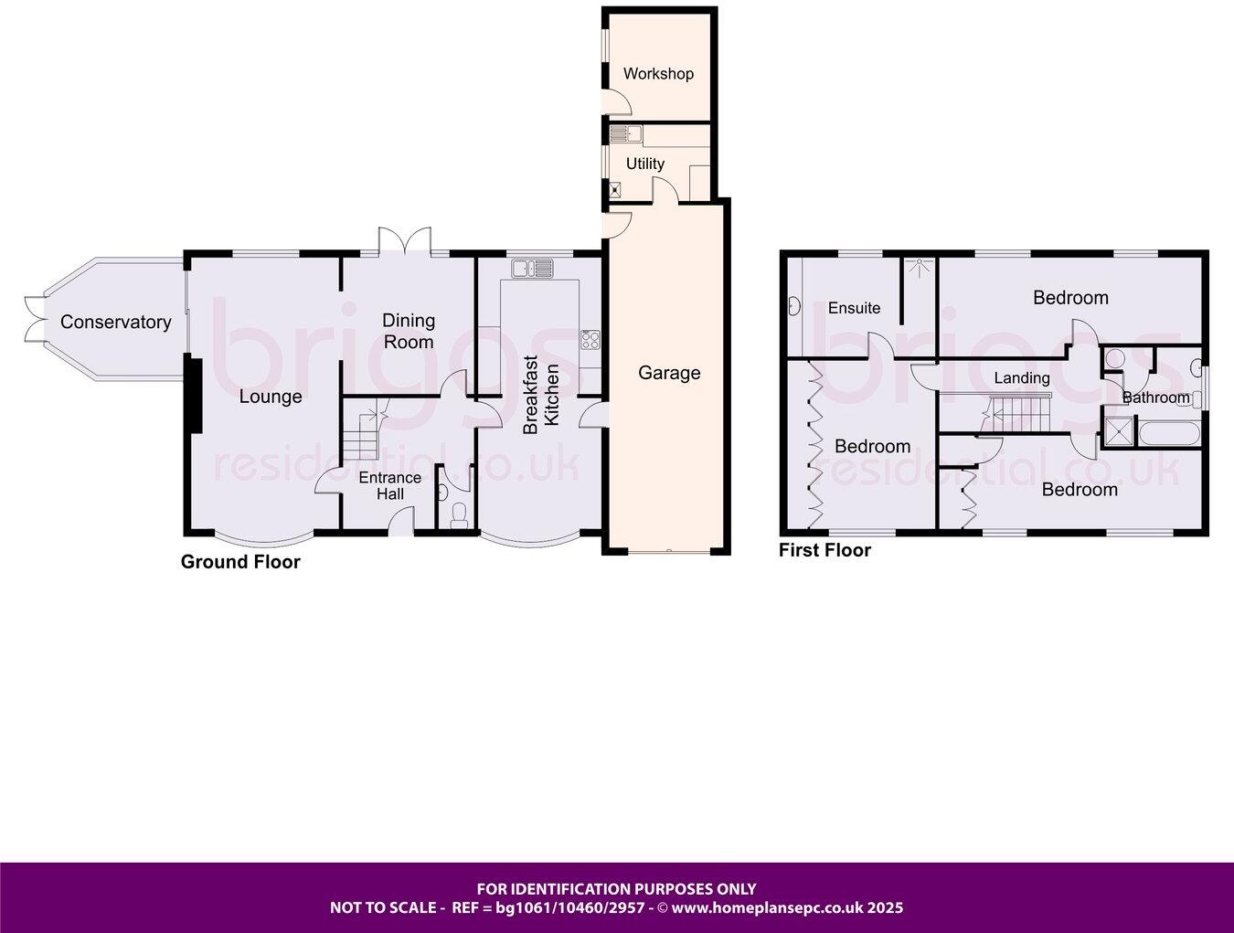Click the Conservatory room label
pos(115,322)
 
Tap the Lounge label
pos(271,397)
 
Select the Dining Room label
pos(409,331)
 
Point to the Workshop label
pos(658,73)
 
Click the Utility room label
pos(645,164)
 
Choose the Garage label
pos(669,373)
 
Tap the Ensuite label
pos(854,308)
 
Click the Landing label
pos(1022,377)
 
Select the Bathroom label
pos(1156,398)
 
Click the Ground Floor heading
pos(240,562)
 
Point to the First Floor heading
pos(824,550)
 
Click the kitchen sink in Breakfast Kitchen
pos(533,268)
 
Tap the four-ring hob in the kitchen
pos(590,340)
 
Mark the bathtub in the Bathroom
pos(1168,432)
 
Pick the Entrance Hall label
pos(389,485)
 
